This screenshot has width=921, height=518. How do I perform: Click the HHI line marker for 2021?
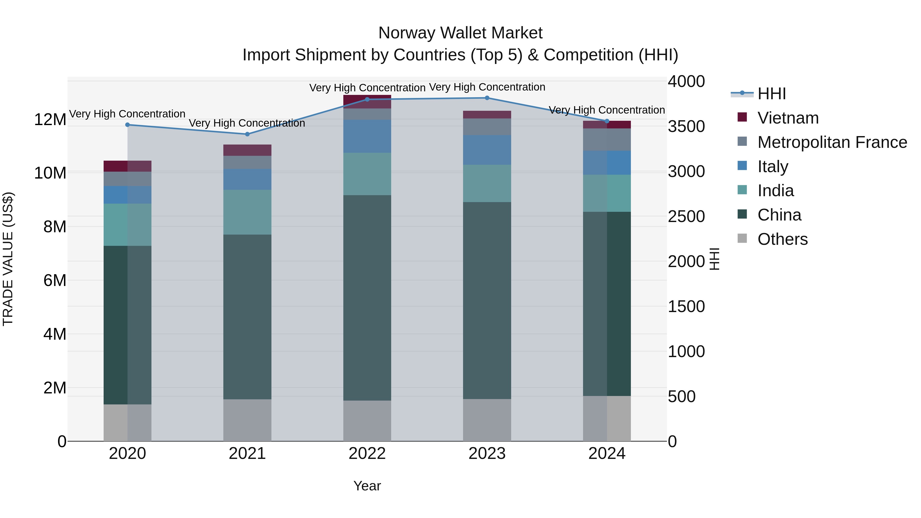[x=247, y=134]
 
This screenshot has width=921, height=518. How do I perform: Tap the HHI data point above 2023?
[x=487, y=98]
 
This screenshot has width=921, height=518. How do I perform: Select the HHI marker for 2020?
[x=127, y=125]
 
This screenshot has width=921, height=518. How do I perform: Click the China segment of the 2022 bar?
[x=367, y=297]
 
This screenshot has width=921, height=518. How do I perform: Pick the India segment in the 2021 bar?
[x=247, y=212]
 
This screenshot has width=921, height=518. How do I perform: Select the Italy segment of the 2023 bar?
[x=487, y=150]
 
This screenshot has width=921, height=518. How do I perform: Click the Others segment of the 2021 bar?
[x=247, y=420]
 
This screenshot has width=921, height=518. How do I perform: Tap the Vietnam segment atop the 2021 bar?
[x=247, y=150]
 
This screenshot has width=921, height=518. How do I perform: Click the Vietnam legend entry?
[x=788, y=118]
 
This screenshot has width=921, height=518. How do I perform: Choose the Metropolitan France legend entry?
[x=832, y=142]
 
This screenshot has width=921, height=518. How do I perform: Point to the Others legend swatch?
[x=742, y=238]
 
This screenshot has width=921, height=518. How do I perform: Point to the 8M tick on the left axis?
[x=55, y=227]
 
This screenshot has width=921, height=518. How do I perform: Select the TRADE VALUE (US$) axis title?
[x=8, y=259]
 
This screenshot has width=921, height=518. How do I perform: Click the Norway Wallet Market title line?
[x=460, y=33]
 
